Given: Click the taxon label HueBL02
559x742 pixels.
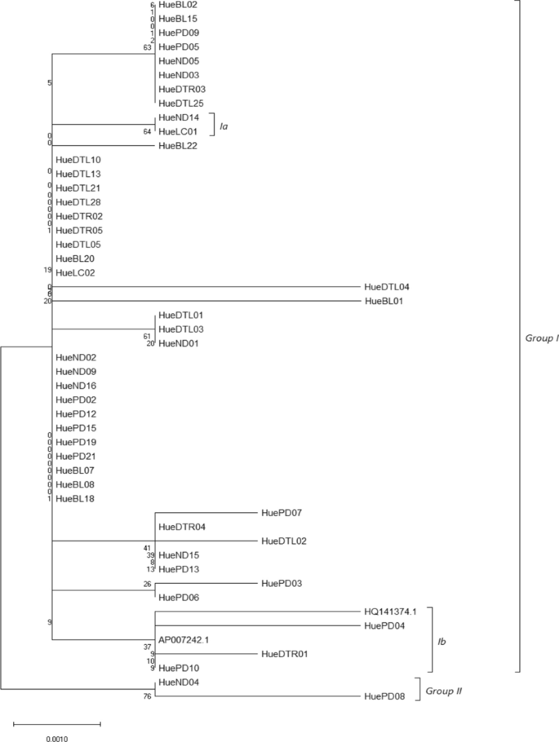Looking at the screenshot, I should [177, 5].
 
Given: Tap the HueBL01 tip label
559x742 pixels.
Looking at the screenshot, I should [386, 301].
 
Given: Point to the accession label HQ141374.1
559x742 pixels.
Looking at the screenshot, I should [389, 612].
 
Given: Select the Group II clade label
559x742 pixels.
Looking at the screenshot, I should [445, 691].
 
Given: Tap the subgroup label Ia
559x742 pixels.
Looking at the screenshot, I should [223, 124].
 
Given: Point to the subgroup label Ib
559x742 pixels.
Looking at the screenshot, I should [442, 642].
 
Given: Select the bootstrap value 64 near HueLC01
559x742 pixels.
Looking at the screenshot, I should [148, 131].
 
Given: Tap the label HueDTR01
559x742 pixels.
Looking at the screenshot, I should [284, 654].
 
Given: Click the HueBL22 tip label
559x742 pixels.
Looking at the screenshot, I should [177, 145].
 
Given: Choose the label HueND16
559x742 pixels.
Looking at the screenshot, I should [76, 386].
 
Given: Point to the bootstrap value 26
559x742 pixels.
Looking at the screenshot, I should [148, 584].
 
